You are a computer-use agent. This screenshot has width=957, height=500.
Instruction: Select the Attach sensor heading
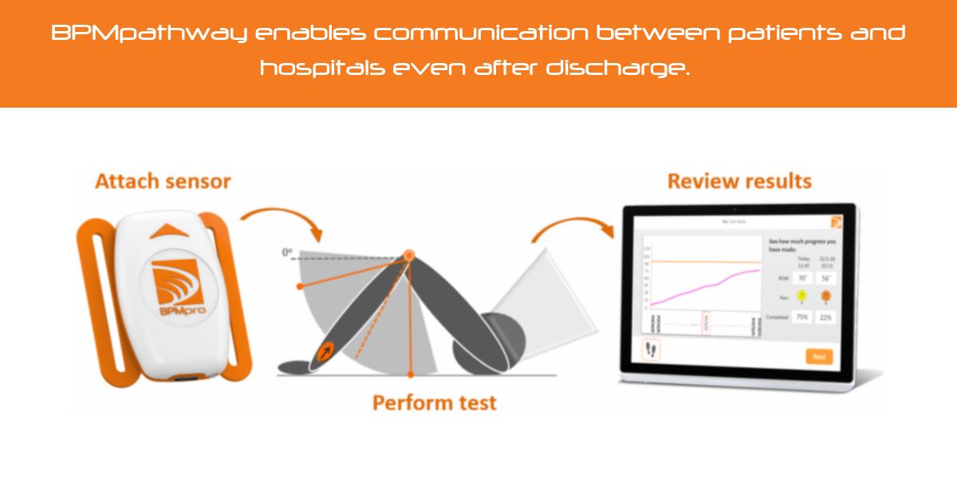[x=163, y=181]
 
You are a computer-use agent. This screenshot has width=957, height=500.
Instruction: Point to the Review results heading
[x=738, y=181]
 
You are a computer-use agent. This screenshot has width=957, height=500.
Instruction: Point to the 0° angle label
[x=288, y=253]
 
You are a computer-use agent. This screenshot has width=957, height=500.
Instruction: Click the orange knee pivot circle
[x=409, y=255]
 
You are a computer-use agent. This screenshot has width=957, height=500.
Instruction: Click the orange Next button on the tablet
[x=818, y=356]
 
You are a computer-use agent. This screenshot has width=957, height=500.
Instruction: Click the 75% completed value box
[x=802, y=317]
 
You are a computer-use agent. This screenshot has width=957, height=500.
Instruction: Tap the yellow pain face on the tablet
[x=801, y=296]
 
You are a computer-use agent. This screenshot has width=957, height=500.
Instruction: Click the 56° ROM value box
[x=825, y=278]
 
